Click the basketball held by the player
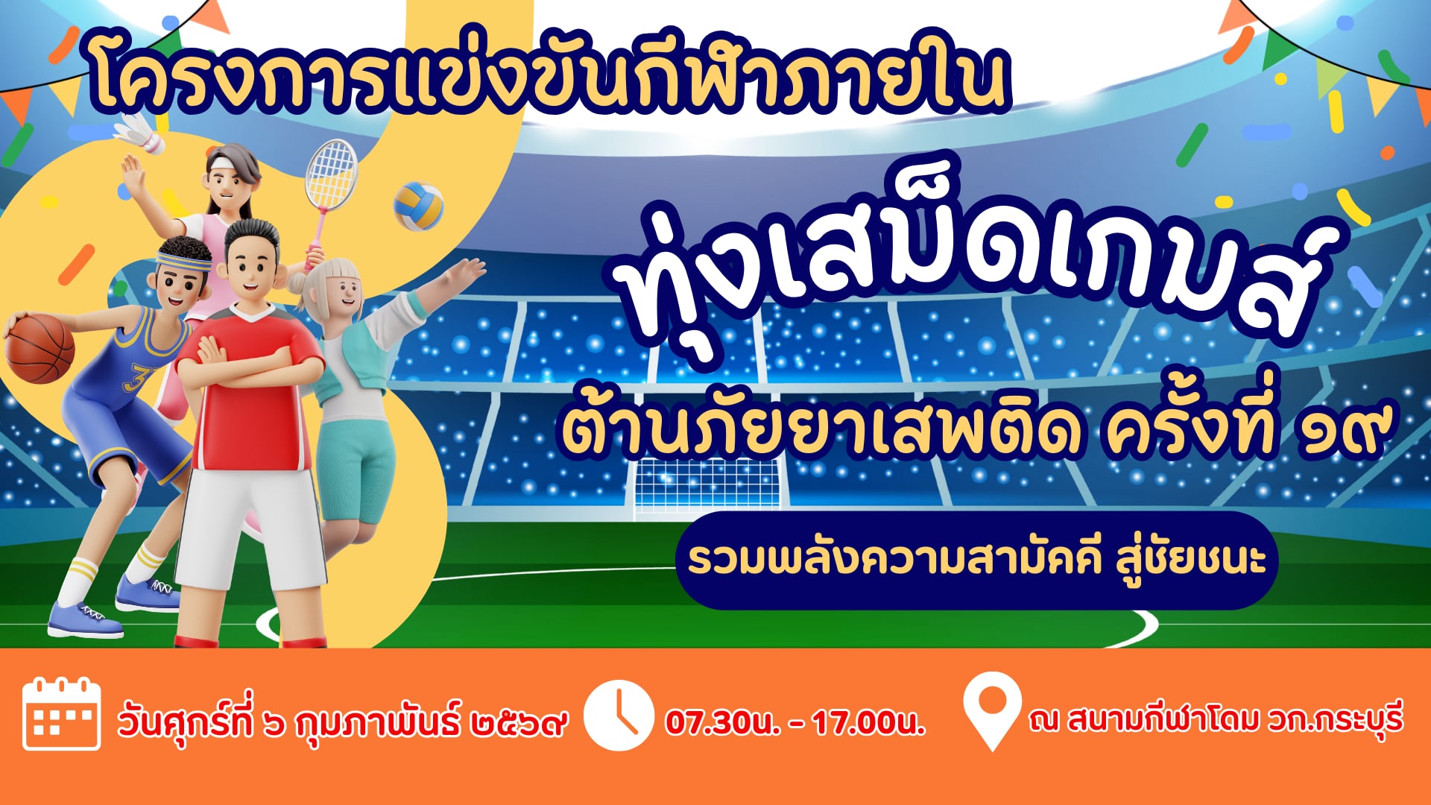click(40, 348)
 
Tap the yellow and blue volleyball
click(418, 206)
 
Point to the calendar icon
click(62, 714)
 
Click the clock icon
click(617, 715)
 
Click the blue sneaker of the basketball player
click(85, 619)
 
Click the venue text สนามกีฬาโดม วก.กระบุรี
click(1235, 719)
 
